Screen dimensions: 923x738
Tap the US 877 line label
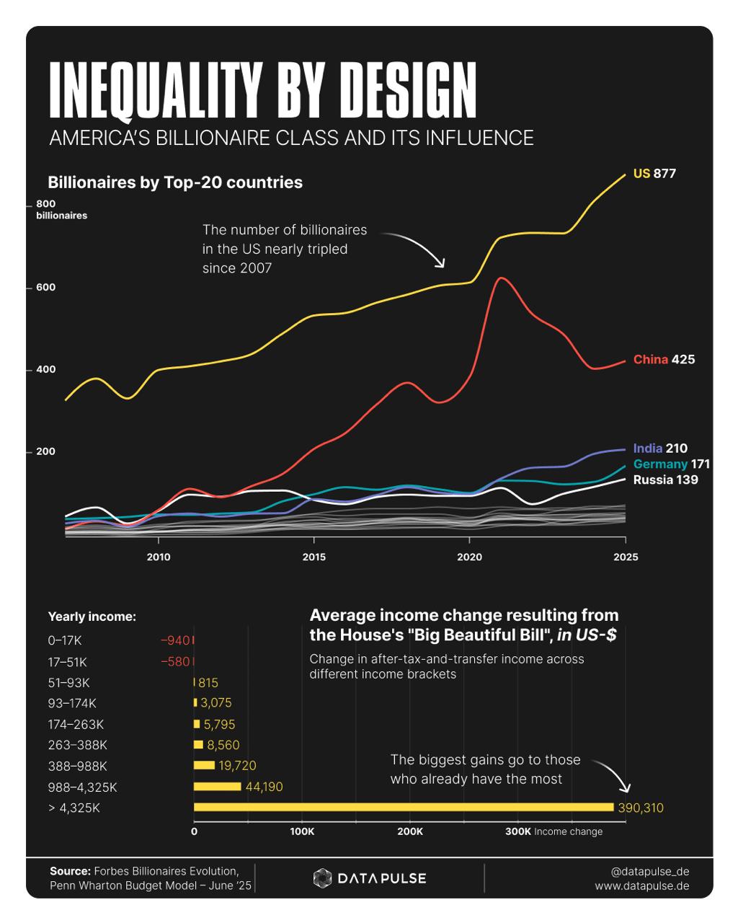tap(654, 173)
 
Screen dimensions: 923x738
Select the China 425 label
tap(664, 359)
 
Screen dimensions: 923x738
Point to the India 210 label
tap(660, 448)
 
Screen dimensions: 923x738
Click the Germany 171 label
tap(671, 464)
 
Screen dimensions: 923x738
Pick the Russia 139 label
tap(665, 480)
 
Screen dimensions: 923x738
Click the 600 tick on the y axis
tap(45, 287)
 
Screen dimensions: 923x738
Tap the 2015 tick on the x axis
tap(314, 557)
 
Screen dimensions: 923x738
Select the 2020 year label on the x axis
tap(469, 557)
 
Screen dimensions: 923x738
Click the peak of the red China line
tap(501, 278)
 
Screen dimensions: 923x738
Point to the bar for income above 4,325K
tap(404, 808)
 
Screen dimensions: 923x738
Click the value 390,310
tap(640, 808)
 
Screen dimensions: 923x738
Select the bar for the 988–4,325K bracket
tap(217, 787)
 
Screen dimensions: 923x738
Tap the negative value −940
tap(174, 640)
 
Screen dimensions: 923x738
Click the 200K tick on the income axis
tap(410, 831)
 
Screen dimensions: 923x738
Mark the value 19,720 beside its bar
tap(237, 766)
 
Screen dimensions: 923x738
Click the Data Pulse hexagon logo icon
tap(322, 878)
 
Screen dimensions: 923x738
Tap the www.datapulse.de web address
tap(641, 886)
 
